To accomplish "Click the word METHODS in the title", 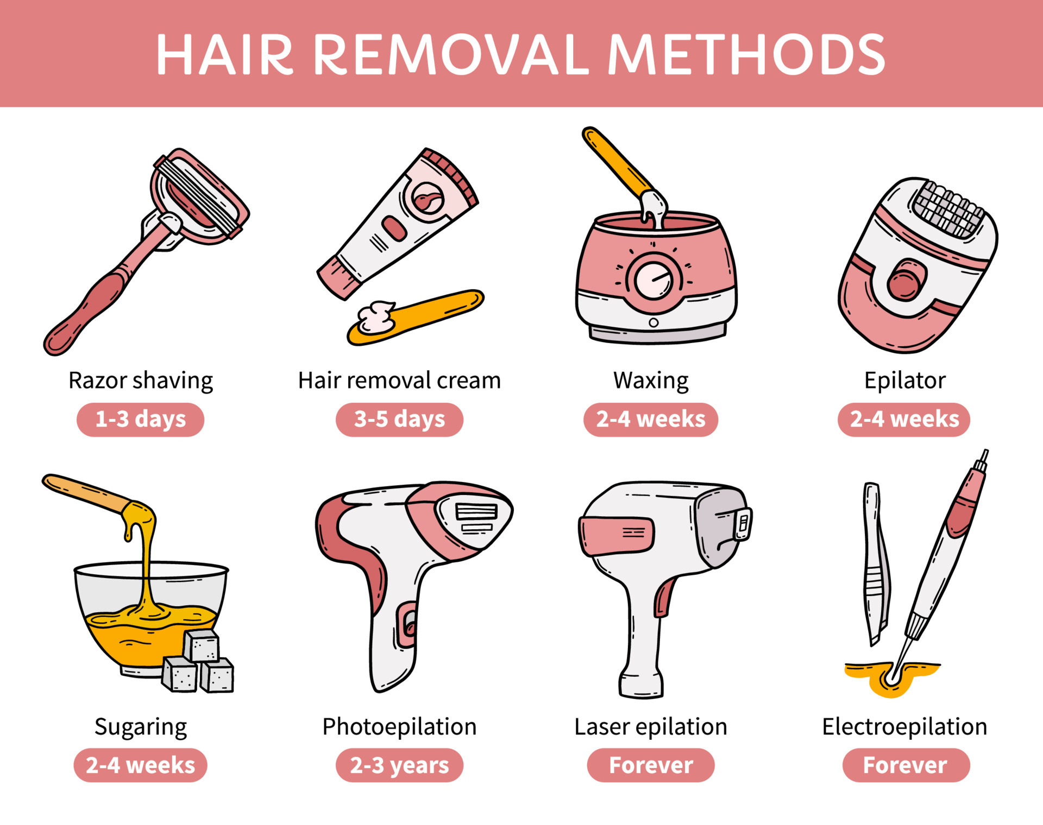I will [746, 54].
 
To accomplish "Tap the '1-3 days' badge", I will [140, 419].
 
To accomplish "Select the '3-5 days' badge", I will [399, 419].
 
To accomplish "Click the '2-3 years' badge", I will [399, 765].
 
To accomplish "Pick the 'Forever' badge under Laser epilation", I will [651, 765].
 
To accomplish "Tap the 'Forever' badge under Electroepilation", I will [905, 765].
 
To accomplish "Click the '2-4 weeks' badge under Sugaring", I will [140, 765].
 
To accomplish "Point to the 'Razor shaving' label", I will [140, 380].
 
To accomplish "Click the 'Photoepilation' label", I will [399, 727].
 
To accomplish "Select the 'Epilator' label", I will [905, 380].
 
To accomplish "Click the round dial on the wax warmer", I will [654, 280].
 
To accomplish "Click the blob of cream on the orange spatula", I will [376, 317].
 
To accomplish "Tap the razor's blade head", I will [198, 195].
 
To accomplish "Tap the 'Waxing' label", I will [651, 380].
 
